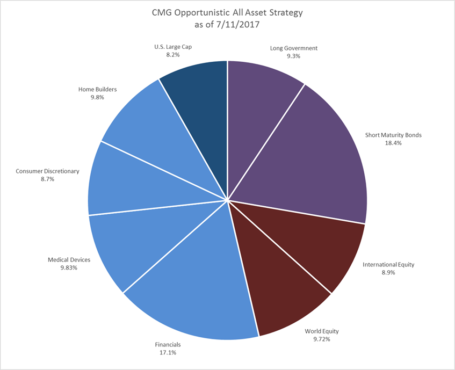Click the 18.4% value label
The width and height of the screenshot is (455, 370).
tap(393, 143)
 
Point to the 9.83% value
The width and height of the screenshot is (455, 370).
tap(69, 267)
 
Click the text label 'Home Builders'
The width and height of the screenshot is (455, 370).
tap(97, 90)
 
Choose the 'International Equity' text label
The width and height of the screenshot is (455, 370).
tap(388, 265)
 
